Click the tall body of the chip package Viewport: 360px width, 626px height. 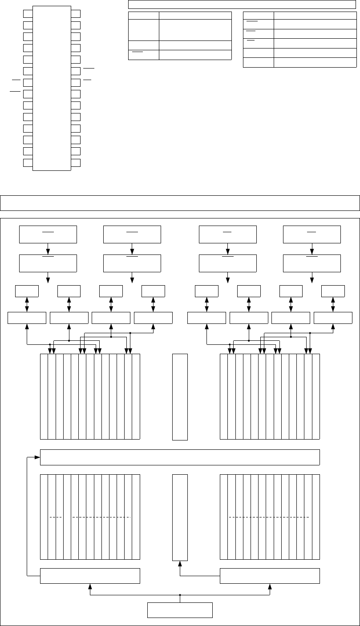[x=52, y=88]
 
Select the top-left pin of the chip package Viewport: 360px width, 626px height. [x=28, y=13]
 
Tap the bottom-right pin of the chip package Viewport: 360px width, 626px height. [x=76, y=162]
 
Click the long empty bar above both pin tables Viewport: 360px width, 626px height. [x=242, y=4]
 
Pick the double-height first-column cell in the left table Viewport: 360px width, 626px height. [x=144, y=30]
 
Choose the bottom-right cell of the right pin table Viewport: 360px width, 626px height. [x=315, y=62]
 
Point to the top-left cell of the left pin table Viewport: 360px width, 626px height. [x=144, y=16]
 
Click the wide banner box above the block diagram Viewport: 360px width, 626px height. [x=180, y=202]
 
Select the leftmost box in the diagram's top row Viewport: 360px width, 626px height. [x=48, y=234]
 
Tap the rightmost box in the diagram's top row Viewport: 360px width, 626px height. [x=312, y=234]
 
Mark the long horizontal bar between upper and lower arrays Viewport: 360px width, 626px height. [x=180, y=457]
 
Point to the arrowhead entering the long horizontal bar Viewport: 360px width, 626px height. [x=38, y=457]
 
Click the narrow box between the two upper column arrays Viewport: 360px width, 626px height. [x=180, y=397]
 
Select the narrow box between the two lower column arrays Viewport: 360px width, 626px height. [x=180, y=517]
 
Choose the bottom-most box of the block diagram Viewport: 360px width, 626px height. [x=180, y=610]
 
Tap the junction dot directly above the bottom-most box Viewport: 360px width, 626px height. [x=180, y=595]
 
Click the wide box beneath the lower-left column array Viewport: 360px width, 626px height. [x=90, y=576]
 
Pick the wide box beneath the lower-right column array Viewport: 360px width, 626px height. [x=270, y=576]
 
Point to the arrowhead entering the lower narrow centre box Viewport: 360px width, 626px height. [x=180, y=564]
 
